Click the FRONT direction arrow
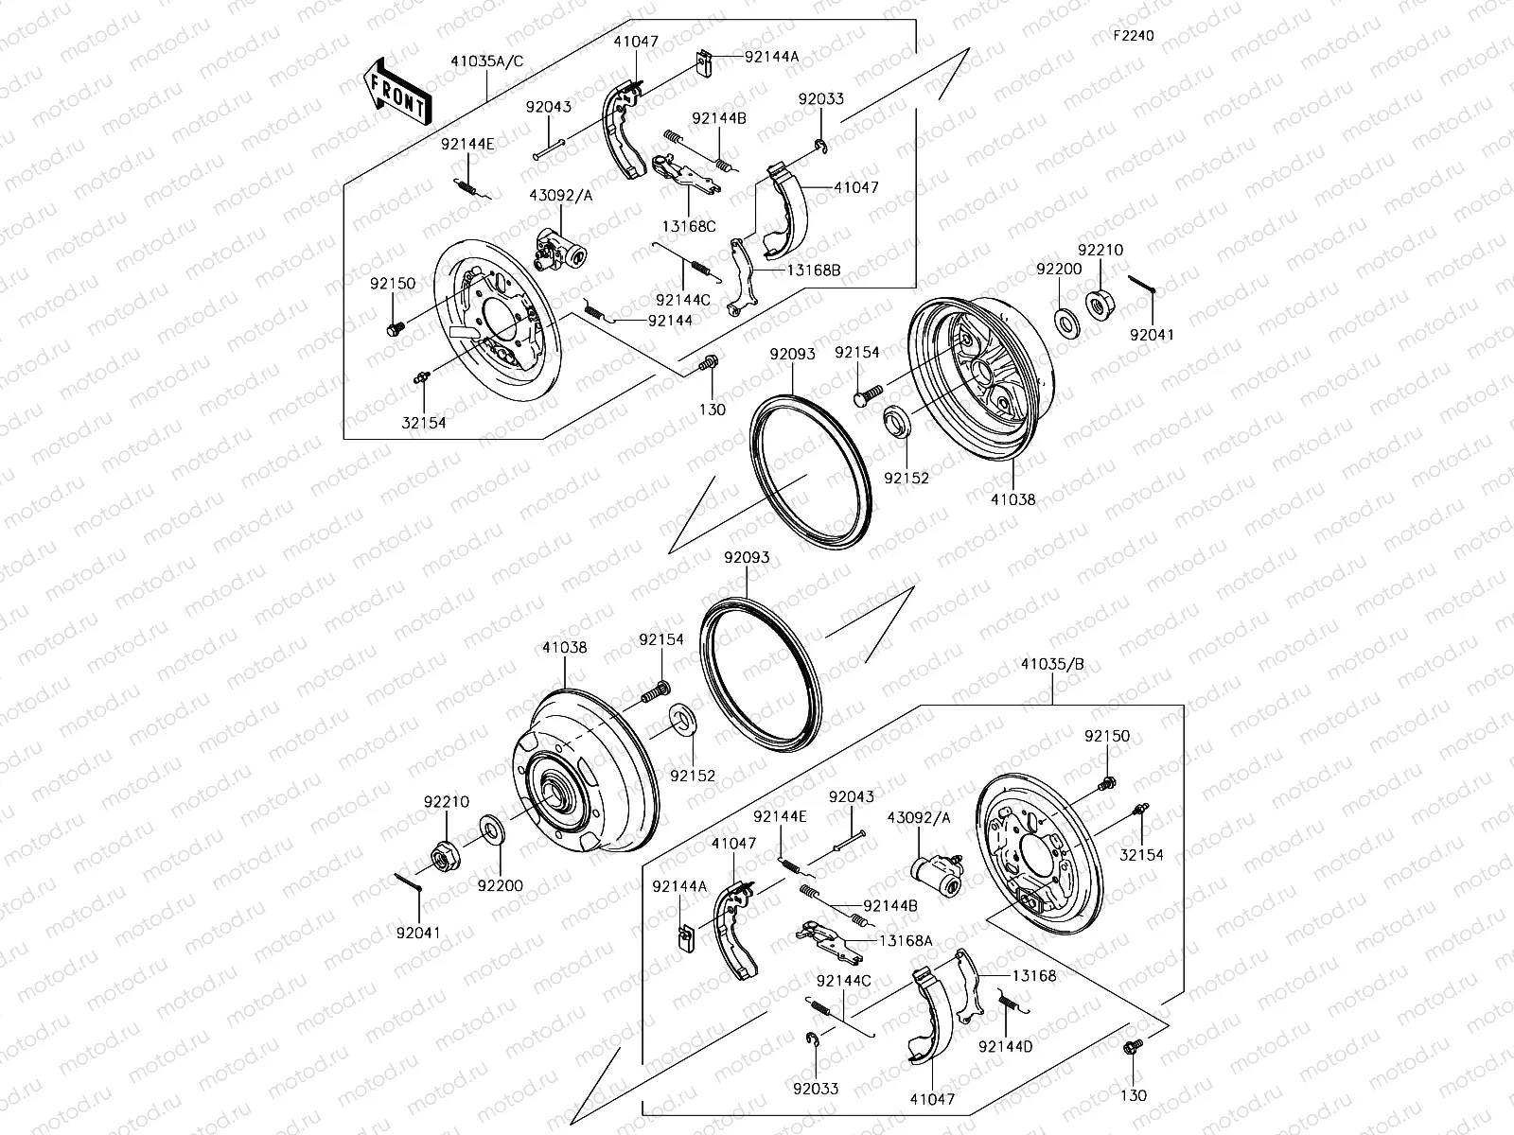(398, 91)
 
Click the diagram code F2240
(1133, 36)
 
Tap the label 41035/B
(1052, 665)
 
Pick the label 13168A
(905, 940)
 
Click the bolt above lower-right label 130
(1131, 1047)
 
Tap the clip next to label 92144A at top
(701, 63)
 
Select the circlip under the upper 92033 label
(819, 144)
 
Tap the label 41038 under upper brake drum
(1013, 499)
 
